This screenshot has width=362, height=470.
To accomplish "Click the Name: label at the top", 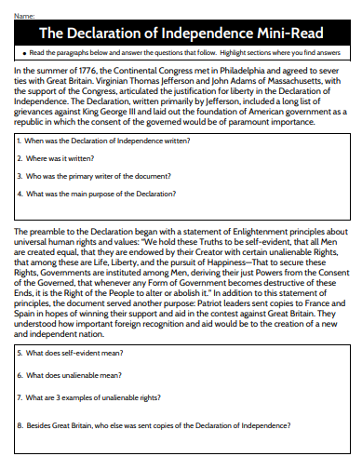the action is [x=24, y=16].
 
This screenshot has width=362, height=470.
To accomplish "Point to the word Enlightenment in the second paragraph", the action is [x=245, y=230].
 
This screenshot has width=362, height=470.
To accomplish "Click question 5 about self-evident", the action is [x=70, y=355].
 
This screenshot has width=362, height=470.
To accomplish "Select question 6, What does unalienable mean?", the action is [x=70, y=375].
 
